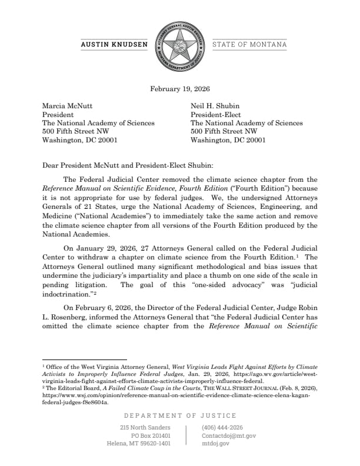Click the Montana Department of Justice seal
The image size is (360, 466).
180,45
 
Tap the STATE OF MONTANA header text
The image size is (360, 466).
249,45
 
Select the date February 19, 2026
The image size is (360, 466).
180,89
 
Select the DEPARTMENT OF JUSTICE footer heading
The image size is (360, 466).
180,415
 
